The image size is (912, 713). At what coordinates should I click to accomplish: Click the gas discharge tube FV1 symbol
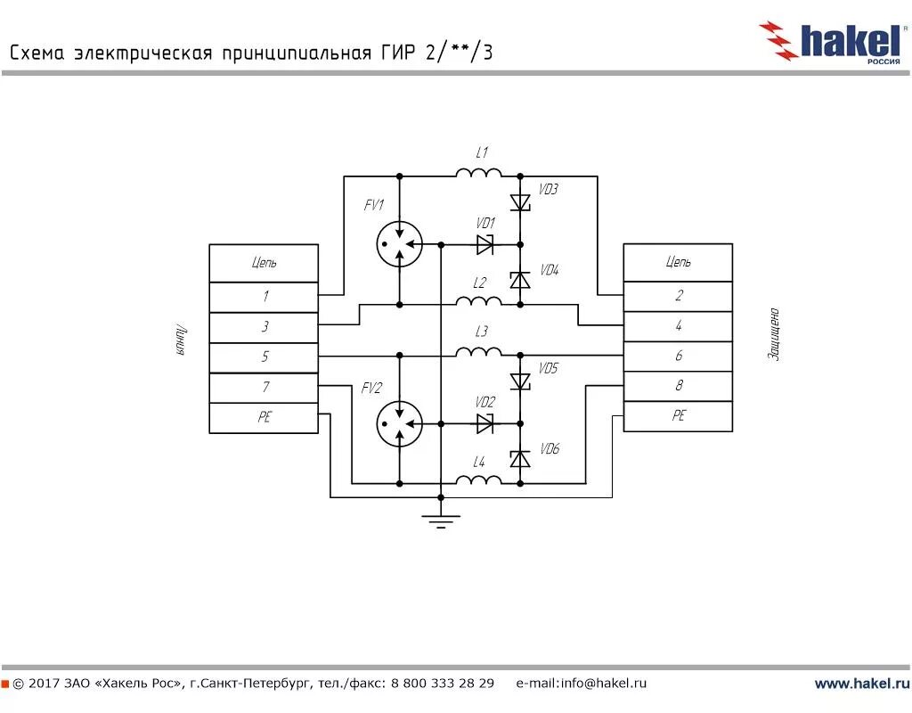[x=398, y=243]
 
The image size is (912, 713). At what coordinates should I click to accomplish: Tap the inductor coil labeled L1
[x=479, y=173]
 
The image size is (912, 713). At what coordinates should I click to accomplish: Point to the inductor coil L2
[x=479, y=302]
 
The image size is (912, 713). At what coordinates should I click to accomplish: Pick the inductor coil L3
[x=479, y=354]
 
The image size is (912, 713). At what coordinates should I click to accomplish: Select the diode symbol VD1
[x=485, y=243]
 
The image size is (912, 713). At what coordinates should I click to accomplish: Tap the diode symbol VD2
[x=485, y=424]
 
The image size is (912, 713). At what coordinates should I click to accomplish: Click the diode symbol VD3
[x=520, y=203]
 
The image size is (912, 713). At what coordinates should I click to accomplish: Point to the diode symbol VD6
[x=520, y=458]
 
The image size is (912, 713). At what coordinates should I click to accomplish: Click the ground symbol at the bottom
[x=440, y=519]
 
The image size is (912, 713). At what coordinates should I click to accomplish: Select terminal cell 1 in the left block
[x=264, y=297]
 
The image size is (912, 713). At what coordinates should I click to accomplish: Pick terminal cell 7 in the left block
[x=264, y=388]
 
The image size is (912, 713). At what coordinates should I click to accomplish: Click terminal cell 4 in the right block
[x=678, y=326]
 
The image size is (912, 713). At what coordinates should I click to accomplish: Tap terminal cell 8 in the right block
[x=678, y=386]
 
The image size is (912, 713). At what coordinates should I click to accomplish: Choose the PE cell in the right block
[x=678, y=416]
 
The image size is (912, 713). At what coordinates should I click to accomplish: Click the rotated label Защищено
[x=774, y=334]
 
